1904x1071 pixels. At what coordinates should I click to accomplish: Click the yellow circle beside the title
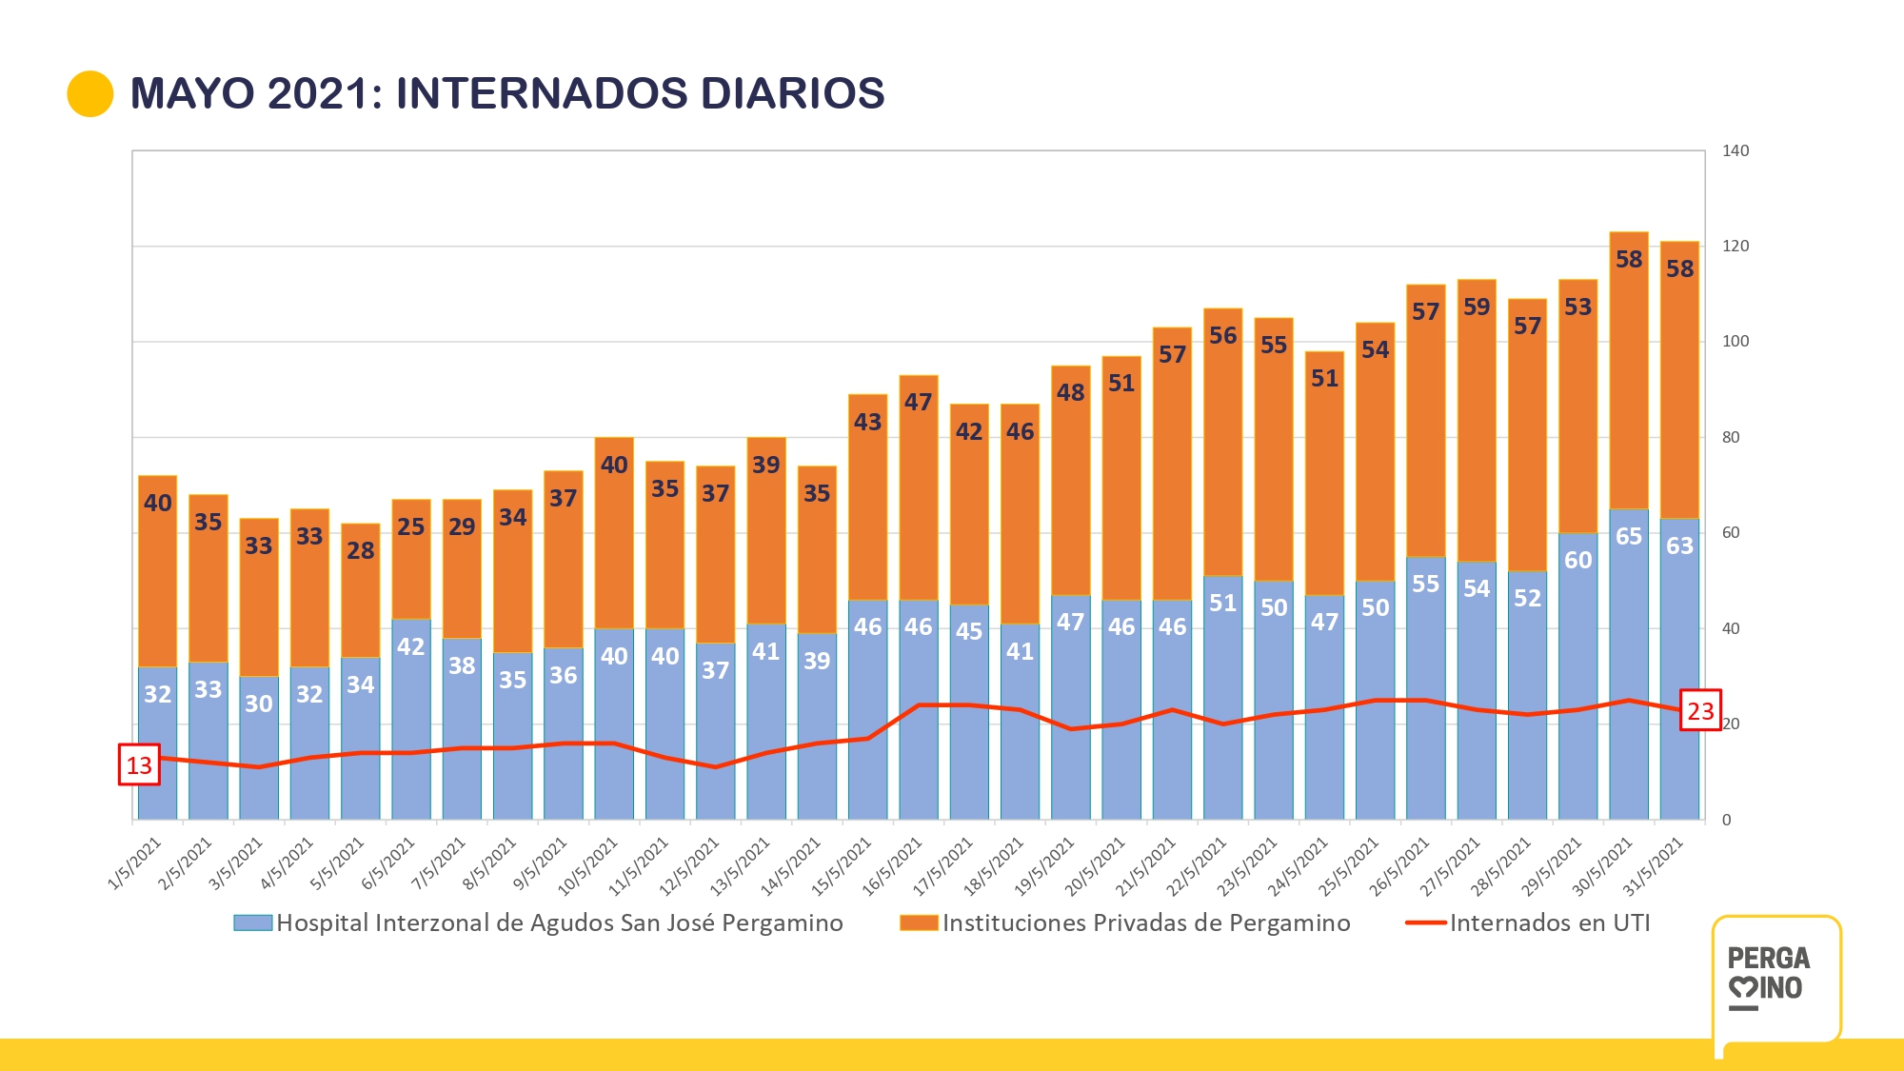pyautogui.click(x=90, y=94)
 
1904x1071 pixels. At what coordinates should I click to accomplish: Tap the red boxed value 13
pyautogui.click(x=139, y=765)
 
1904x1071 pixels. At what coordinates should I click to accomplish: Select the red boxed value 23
pyautogui.click(x=1700, y=710)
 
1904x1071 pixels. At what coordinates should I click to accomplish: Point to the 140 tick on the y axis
pyautogui.click(x=1735, y=150)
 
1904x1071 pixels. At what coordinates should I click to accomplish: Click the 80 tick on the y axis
pyautogui.click(x=1731, y=438)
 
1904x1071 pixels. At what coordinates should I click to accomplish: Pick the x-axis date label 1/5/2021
pyautogui.click(x=136, y=863)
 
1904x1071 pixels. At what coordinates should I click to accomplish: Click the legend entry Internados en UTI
pyautogui.click(x=1549, y=922)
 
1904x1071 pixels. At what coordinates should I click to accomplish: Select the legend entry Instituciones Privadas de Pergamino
pyautogui.click(x=1145, y=922)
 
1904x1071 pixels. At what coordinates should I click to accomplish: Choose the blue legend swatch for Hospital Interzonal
pyautogui.click(x=253, y=922)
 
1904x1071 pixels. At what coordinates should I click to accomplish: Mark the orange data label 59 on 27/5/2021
pyautogui.click(x=1477, y=307)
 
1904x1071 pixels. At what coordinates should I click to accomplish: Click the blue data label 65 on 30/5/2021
pyautogui.click(x=1629, y=536)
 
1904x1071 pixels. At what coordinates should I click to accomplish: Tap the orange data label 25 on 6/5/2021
pyautogui.click(x=411, y=526)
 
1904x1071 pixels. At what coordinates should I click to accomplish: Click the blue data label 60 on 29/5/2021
pyautogui.click(x=1577, y=560)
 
